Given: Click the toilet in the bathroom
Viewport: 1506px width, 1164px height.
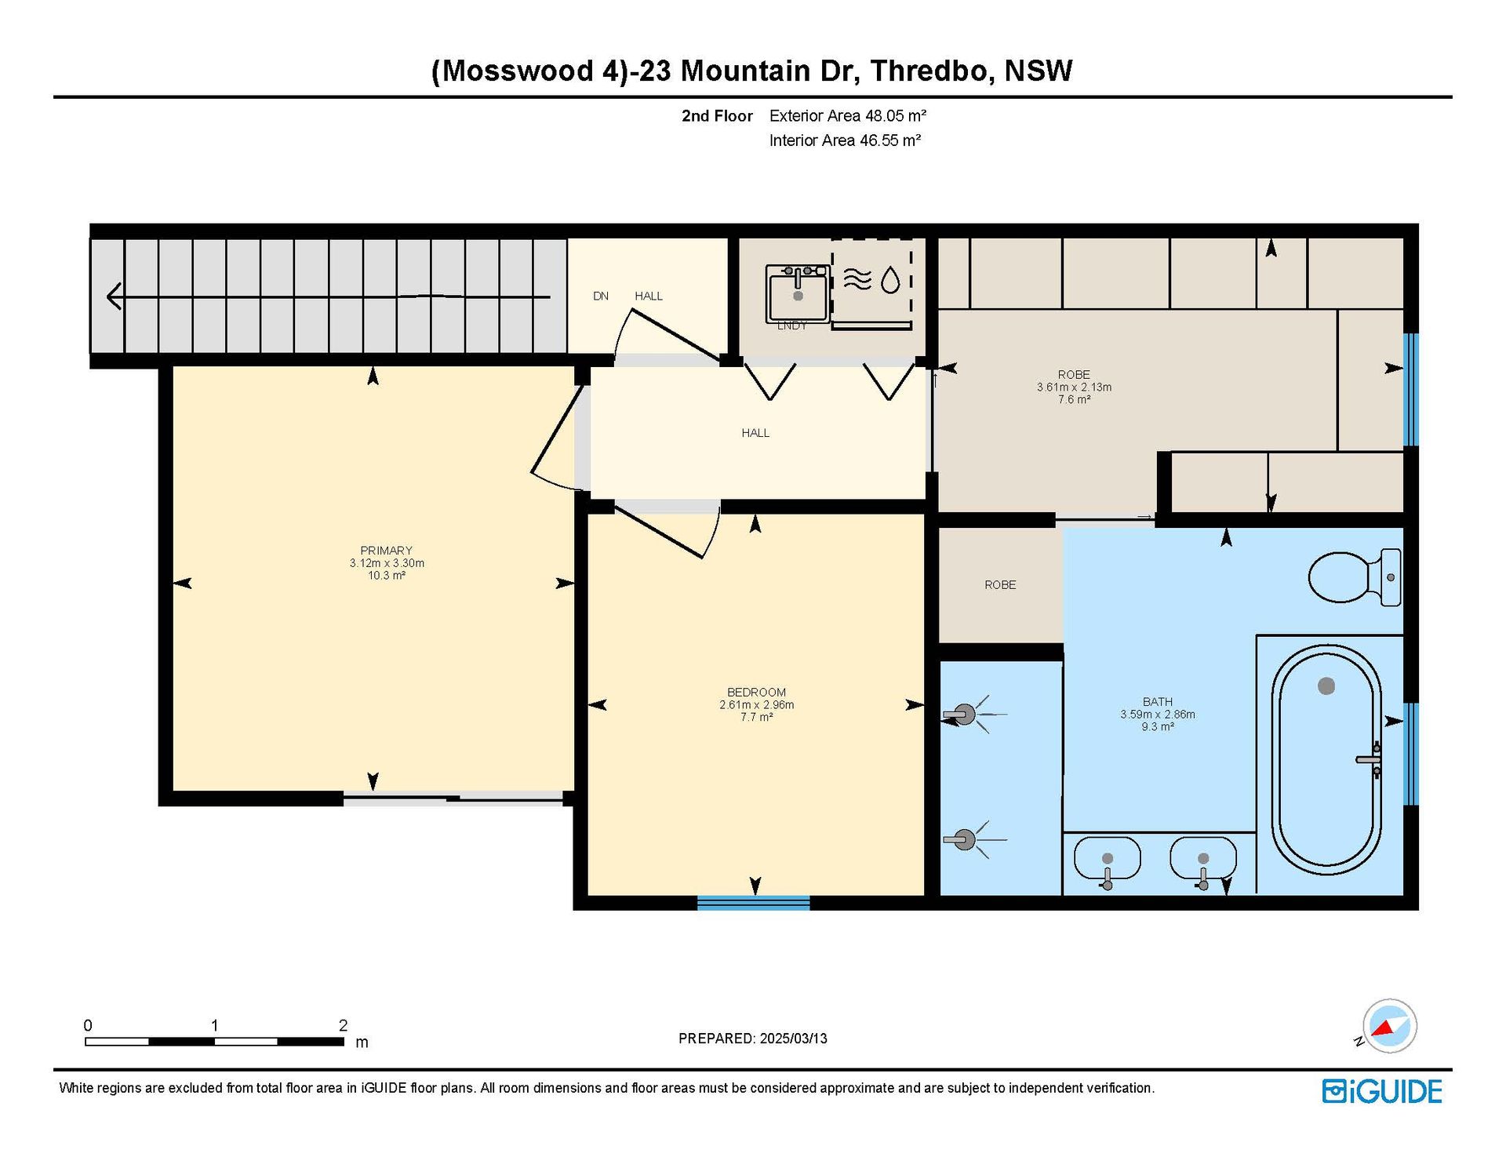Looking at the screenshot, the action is tap(1355, 577).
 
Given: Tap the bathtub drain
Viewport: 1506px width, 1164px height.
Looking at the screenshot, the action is tap(1326, 686).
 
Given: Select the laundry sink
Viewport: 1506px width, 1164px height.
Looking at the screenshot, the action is tap(798, 293).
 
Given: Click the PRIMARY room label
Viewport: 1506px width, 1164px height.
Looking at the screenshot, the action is tap(386, 551).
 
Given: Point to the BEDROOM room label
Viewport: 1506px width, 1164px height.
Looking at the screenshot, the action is tap(756, 693).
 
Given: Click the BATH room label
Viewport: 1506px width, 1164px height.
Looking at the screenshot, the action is tap(1158, 702).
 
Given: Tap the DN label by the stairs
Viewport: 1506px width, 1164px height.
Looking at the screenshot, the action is tap(601, 296).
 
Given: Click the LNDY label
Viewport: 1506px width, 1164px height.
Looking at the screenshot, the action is tap(791, 326).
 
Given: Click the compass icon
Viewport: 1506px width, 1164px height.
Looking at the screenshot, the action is tap(1389, 1026).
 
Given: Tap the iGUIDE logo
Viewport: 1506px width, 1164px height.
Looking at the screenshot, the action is tap(1382, 1091).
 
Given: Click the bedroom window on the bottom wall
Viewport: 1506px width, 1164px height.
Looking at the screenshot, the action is tap(753, 903).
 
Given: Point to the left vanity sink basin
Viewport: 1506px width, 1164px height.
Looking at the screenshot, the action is tap(1107, 859).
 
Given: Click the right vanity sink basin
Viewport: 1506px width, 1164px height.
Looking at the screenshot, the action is tap(1203, 859).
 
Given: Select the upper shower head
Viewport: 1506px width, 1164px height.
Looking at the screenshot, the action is tap(965, 714).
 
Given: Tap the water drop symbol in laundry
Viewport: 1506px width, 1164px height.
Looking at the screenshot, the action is tap(890, 280).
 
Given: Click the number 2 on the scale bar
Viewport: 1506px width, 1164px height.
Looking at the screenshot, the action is tap(343, 1025).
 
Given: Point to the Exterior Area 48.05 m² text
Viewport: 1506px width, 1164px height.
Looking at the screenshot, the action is tap(848, 116).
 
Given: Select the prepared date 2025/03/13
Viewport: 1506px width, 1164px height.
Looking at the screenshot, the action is tap(794, 1039).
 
